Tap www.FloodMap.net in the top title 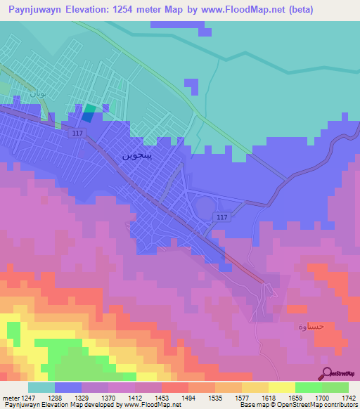tap(236, 9)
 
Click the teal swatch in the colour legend tap(41, 387)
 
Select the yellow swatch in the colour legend tap(281, 387)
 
